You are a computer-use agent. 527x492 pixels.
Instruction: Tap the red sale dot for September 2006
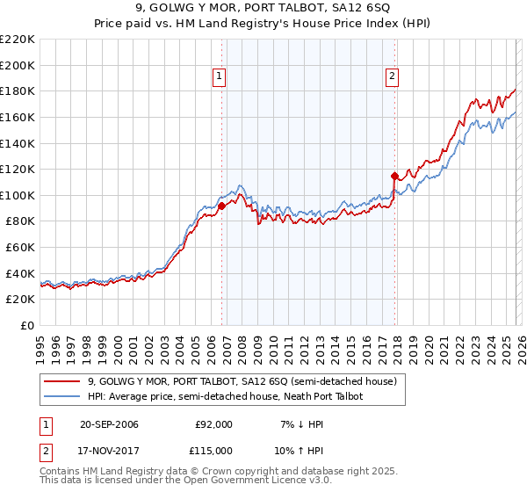click(x=221, y=206)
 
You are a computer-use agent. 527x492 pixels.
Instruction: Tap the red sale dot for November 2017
click(x=394, y=175)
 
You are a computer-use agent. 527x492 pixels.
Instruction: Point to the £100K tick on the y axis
click(x=18, y=195)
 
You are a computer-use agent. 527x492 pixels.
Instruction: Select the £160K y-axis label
click(x=18, y=117)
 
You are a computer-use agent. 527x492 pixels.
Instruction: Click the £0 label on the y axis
click(x=28, y=326)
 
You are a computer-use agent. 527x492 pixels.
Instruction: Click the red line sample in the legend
click(x=62, y=382)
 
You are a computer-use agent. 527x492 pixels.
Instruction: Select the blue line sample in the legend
click(x=62, y=397)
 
